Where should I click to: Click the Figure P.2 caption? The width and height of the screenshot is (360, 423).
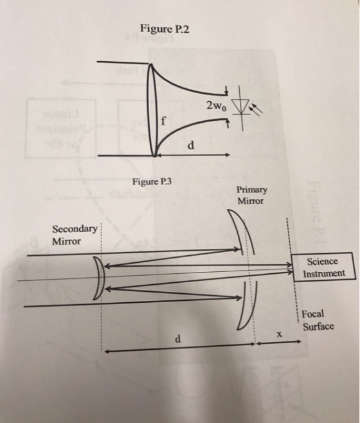click(165, 28)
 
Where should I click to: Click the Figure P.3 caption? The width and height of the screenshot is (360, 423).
click(152, 182)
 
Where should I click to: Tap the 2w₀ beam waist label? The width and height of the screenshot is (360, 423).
click(217, 106)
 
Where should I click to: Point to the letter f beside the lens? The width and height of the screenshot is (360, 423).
click(163, 122)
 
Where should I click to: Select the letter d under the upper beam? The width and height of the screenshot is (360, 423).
click(191, 145)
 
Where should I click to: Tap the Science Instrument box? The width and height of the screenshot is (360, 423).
click(323, 267)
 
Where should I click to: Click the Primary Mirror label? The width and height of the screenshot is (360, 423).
click(251, 195)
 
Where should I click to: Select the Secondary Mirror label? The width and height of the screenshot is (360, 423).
click(74, 235)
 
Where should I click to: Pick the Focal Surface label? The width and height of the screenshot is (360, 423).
click(318, 320)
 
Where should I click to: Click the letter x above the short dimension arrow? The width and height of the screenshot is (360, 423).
click(280, 334)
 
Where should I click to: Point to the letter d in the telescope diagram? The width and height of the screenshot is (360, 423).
click(177, 339)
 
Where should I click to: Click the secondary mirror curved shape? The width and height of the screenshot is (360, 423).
click(99, 278)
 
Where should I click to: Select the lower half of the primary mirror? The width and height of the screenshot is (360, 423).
click(248, 305)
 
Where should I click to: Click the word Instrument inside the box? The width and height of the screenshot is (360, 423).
click(324, 274)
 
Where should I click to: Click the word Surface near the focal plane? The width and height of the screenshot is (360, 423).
click(318, 327)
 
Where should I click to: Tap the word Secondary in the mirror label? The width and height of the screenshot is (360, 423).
click(75, 230)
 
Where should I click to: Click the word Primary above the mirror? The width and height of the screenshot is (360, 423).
click(252, 190)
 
